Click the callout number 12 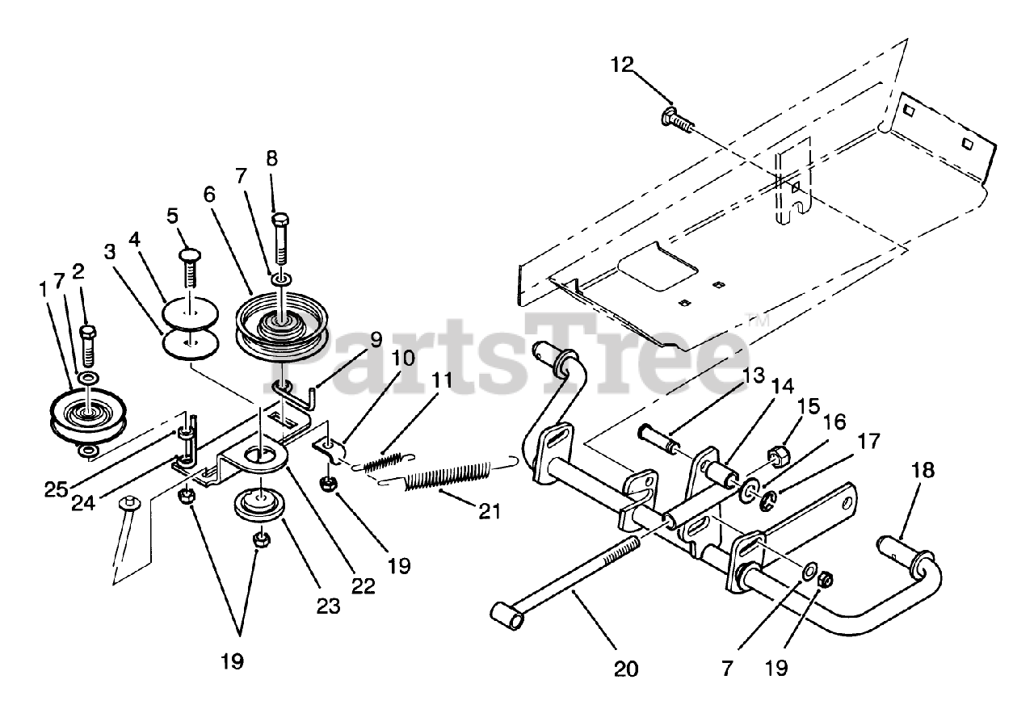point(623,65)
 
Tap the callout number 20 point(625,669)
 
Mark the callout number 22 point(364,585)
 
